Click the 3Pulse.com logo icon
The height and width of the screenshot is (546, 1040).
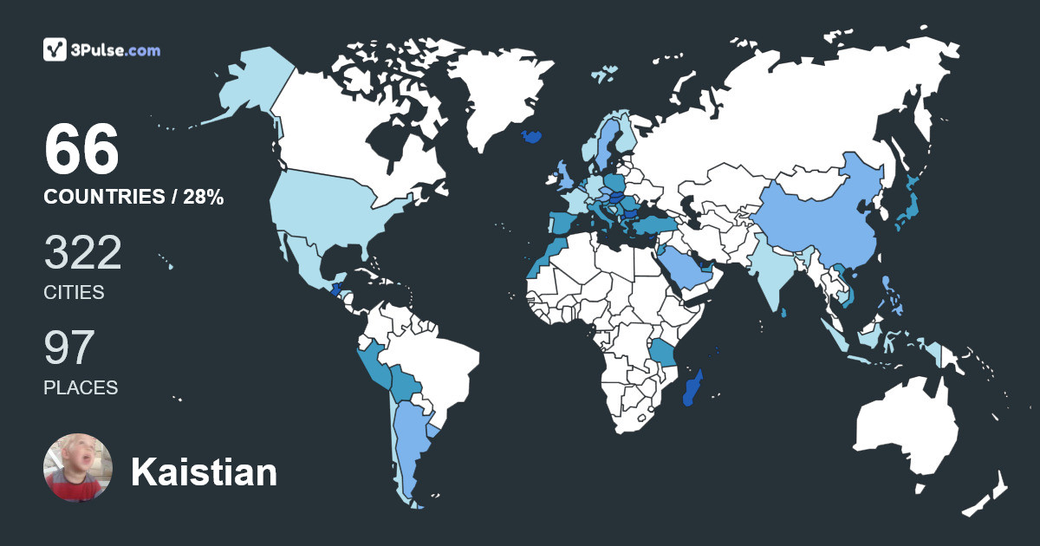(55, 49)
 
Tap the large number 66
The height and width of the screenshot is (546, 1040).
(81, 151)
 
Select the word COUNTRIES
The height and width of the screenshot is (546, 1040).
(103, 198)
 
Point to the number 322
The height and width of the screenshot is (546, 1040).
(82, 253)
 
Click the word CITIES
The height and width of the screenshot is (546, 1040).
(74, 293)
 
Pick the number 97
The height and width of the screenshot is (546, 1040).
(68, 348)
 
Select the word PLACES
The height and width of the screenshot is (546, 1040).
(81, 387)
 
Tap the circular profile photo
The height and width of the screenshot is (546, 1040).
(78, 468)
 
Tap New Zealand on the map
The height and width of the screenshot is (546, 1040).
(988, 494)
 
